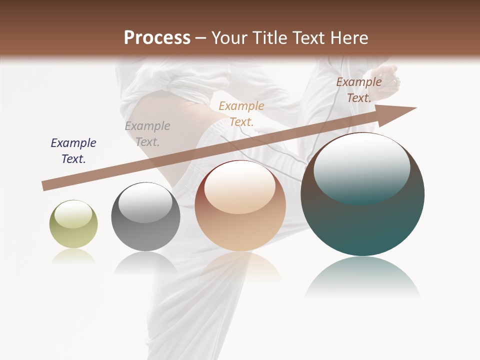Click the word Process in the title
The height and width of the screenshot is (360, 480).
(157, 38)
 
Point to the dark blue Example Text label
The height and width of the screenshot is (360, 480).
(73, 151)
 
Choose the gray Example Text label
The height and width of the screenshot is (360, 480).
(147, 134)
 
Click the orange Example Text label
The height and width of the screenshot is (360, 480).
(241, 113)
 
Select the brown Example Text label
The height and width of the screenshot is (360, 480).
(358, 90)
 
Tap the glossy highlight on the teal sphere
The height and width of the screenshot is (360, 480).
(361, 168)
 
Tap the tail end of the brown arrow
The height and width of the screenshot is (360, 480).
(45, 186)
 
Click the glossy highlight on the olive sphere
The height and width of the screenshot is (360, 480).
(73, 214)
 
